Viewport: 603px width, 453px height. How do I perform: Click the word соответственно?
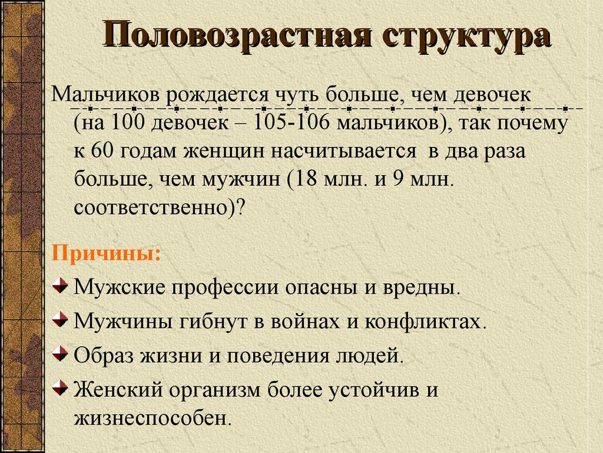[151, 207]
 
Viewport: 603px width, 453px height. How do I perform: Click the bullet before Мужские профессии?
[59, 287]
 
